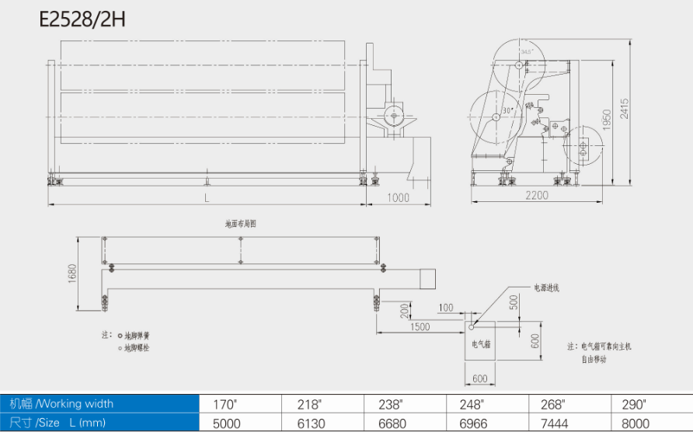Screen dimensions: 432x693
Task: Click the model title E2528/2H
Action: (x=82, y=19)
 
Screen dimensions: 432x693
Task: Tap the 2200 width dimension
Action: (x=536, y=196)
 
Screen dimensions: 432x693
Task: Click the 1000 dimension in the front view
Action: (x=398, y=198)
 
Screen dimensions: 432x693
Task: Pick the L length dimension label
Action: (x=207, y=198)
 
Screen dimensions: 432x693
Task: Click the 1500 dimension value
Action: (x=420, y=327)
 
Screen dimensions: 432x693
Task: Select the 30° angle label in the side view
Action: (x=508, y=111)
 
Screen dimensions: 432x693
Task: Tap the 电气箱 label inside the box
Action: (x=481, y=342)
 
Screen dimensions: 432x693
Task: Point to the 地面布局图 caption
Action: (x=240, y=223)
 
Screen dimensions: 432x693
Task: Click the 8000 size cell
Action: (x=636, y=423)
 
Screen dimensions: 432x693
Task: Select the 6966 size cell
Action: (x=472, y=423)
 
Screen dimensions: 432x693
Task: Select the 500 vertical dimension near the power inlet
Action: (x=514, y=301)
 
